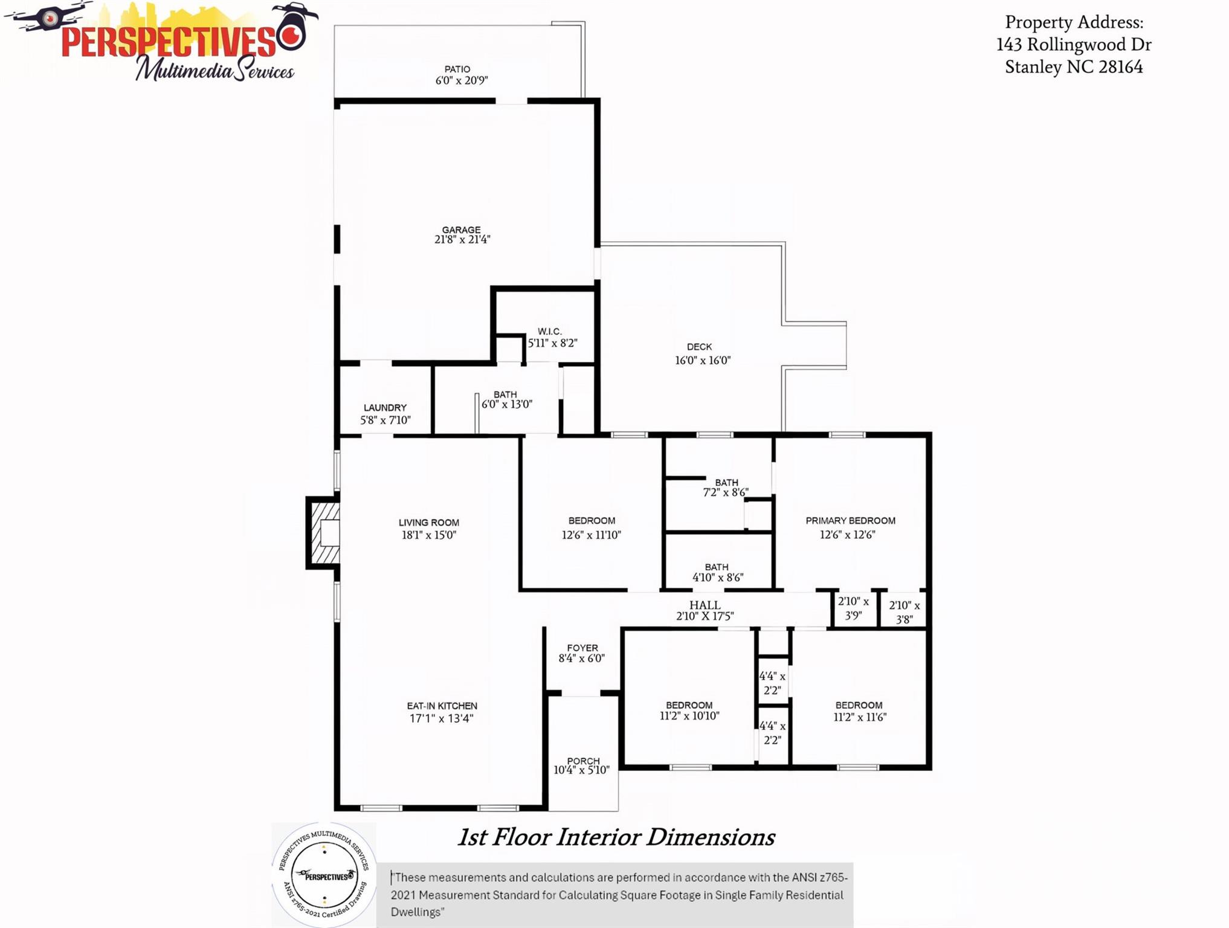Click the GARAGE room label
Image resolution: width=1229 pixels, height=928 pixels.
[x=461, y=230]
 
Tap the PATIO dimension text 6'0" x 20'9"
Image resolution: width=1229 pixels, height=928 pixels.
[x=462, y=80]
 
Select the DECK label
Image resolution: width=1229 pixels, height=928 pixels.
[x=699, y=347]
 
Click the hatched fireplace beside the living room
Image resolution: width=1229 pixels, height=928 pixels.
[x=324, y=533]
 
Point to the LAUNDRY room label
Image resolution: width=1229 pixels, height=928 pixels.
[x=385, y=408]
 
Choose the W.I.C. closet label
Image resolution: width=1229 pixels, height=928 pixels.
[x=550, y=331]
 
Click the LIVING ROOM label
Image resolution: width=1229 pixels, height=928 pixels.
[x=429, y=523]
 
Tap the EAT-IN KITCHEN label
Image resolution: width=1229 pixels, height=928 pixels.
[x=442, y=706]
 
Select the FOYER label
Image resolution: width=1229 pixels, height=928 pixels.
[x=582, y=648]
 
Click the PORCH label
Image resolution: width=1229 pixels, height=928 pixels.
[x=583, y=761]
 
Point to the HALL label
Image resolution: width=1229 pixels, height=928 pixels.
[x=705, y=605]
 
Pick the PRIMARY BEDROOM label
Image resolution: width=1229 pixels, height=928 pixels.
[x=850, y=521]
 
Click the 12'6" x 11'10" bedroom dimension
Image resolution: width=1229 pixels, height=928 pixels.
[x=591, y=535]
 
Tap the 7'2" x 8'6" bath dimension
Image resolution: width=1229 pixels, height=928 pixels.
[x=725, y=492]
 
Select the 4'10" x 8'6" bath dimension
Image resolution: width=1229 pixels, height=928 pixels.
[x=717, y=577]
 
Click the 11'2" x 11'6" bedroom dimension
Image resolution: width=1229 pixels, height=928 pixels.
[x=859, y=717]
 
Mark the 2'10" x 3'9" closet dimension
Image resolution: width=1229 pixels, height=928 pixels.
[x=853, y=608]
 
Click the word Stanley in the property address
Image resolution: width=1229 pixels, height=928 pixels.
[x=1033, y=66]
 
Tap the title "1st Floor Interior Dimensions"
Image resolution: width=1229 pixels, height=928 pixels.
[x=616, y=837]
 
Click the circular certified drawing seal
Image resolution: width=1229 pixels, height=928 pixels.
[x=324, y=875]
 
